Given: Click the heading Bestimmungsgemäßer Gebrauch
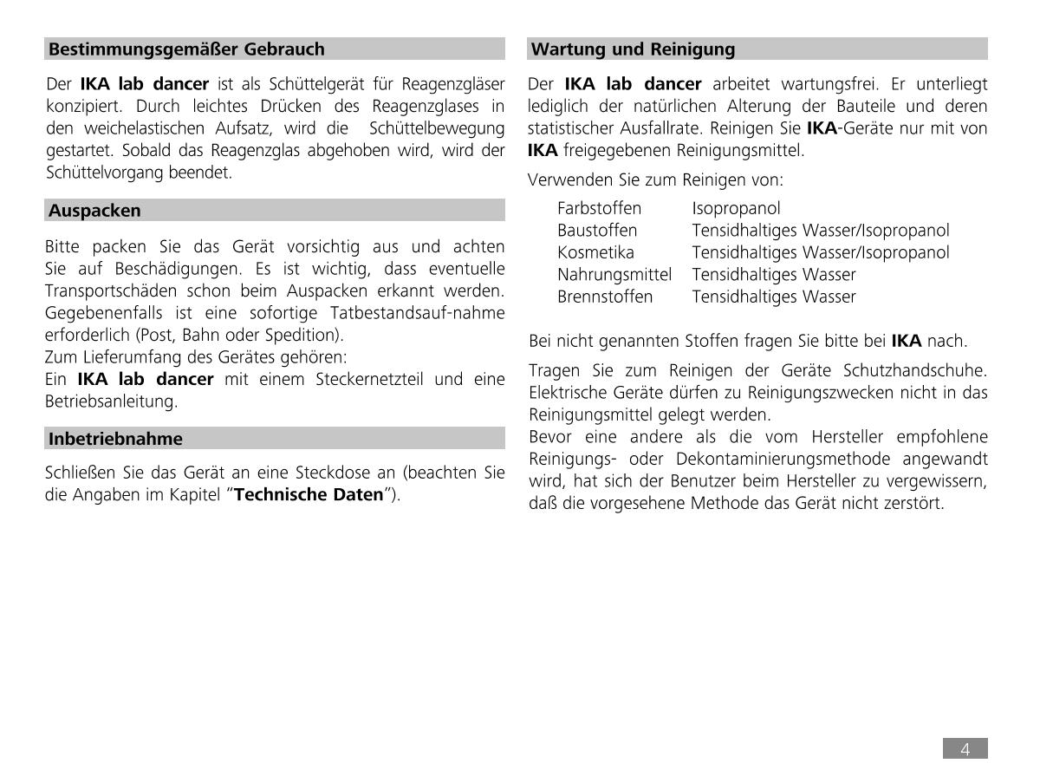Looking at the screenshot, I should [186, 49].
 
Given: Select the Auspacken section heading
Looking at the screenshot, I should [94, 211].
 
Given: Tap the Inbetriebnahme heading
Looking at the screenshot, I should [115, 439].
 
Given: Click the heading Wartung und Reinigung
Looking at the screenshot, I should [633, 49].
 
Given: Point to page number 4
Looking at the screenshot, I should [965, 750].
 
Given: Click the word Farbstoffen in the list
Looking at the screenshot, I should [599, 209].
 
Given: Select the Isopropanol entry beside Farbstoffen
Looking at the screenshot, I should [736, 209].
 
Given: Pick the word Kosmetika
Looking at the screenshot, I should [595, 253].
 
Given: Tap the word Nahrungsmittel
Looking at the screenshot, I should [614, 275].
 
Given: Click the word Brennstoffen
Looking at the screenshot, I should [605, 297].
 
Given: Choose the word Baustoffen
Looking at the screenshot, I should [597, 231].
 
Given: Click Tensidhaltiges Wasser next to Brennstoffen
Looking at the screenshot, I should [773, 297].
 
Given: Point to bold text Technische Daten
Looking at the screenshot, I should [309, 495].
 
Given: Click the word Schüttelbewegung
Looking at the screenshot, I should [436, 128].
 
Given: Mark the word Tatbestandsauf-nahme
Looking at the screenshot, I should [422, 313].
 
